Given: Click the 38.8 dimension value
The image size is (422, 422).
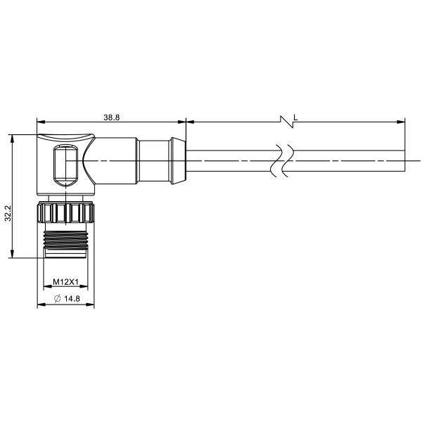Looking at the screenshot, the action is (111, 117).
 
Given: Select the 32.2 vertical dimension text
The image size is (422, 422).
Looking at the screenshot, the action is (8, 213).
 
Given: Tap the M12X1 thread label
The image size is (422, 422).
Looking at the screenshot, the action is (65, 282).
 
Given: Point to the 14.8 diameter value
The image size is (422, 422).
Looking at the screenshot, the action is (72, 298).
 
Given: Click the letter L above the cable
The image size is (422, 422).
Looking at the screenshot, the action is (295, 117).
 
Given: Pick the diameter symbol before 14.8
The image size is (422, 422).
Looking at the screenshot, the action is (58, 298).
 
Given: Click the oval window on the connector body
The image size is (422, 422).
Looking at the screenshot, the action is (65, 165).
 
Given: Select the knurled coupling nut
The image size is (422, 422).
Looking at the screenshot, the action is (65, 213).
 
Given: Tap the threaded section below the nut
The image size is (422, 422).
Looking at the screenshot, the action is (65, 240).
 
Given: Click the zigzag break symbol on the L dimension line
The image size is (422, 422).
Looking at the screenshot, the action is (287, 122).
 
